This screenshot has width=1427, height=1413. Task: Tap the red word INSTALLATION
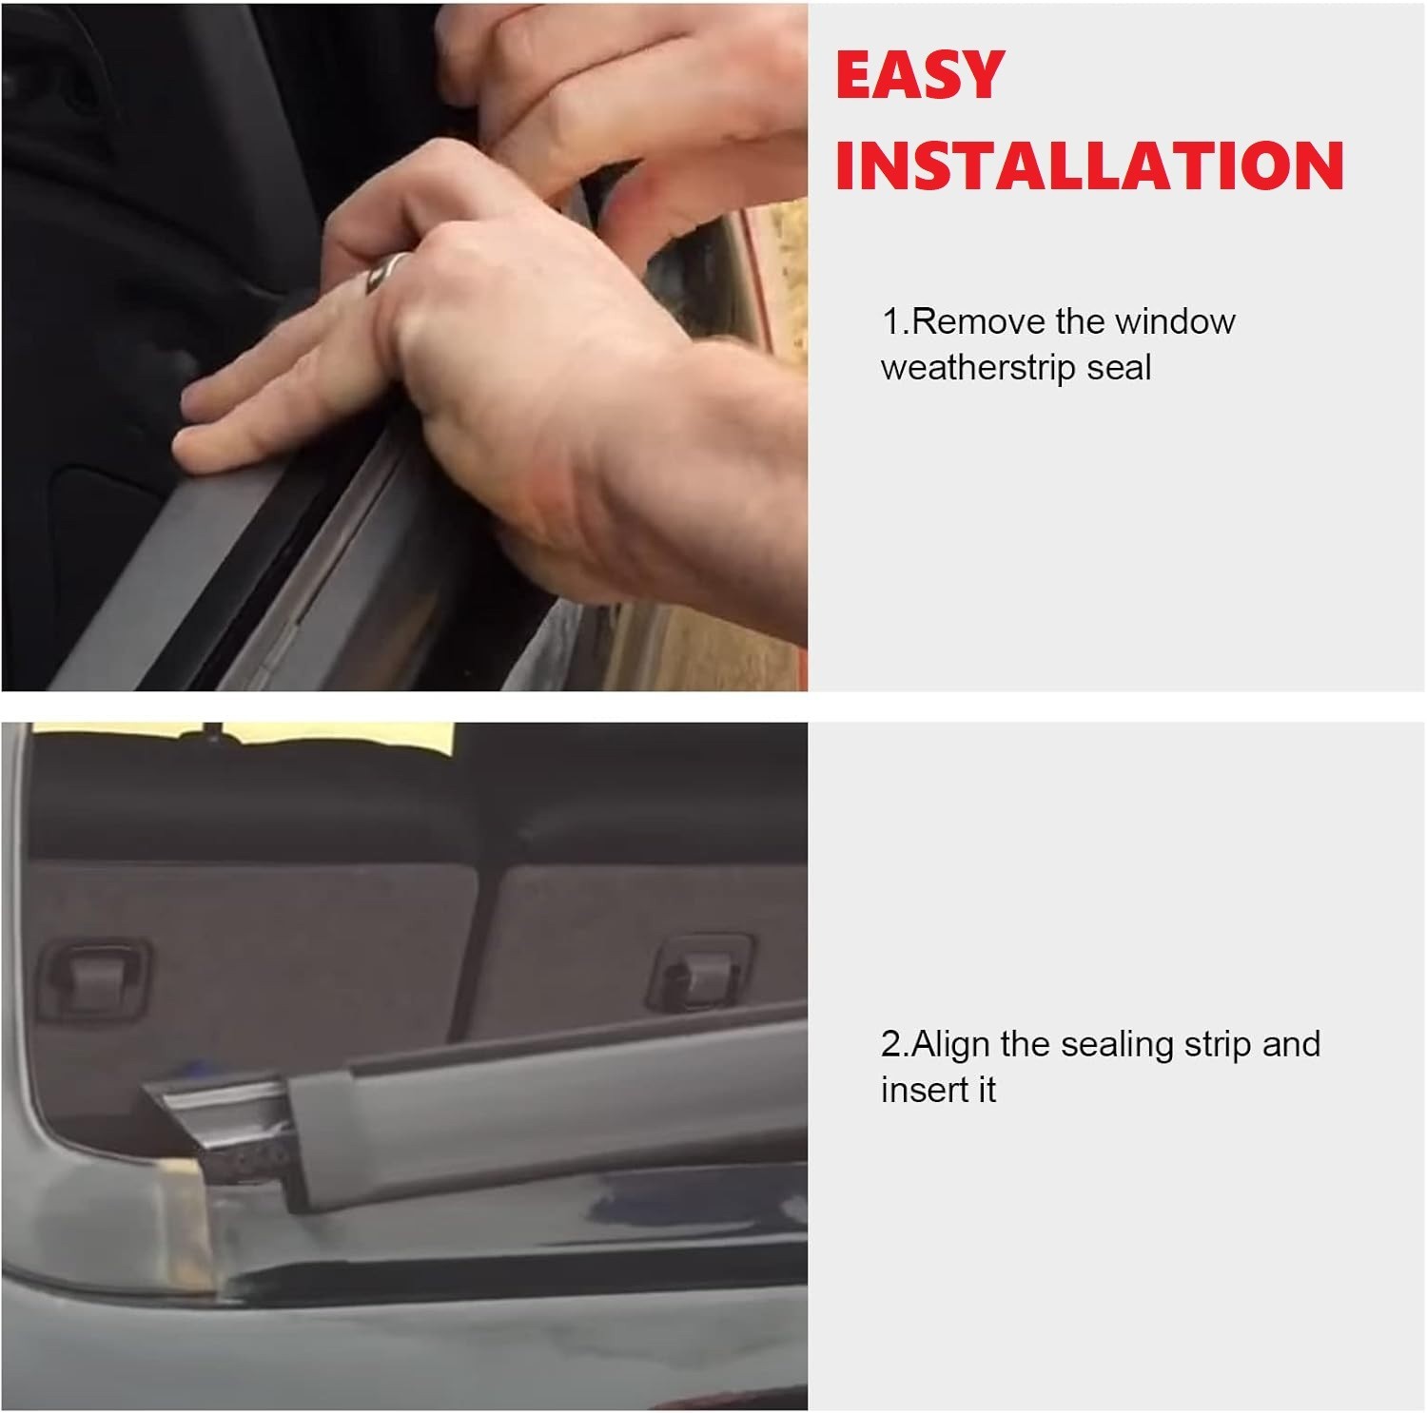click(1089, 165)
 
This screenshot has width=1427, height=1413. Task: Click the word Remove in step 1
click(978, 321)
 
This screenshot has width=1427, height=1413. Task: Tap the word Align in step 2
click(951, 1044)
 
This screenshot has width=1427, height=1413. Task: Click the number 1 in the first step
click(890, 321)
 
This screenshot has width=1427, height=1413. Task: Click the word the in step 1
click(1080, 321)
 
